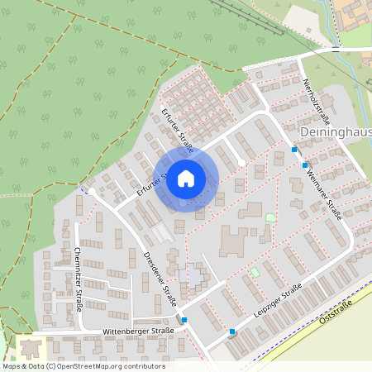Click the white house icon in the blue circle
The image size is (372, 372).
[x=186, y=178]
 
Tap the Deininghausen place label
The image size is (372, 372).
[x=335, y=132]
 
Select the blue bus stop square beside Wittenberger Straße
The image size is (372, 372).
[x=184, y=320]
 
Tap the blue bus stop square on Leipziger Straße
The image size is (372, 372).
[x=232, y=332]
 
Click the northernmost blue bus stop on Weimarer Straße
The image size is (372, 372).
[x=295, y=150]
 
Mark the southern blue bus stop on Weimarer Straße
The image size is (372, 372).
[x=305, y=165]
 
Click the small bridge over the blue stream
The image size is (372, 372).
[x=336, y=50]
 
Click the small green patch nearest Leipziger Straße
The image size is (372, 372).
[x=255, y=272]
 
